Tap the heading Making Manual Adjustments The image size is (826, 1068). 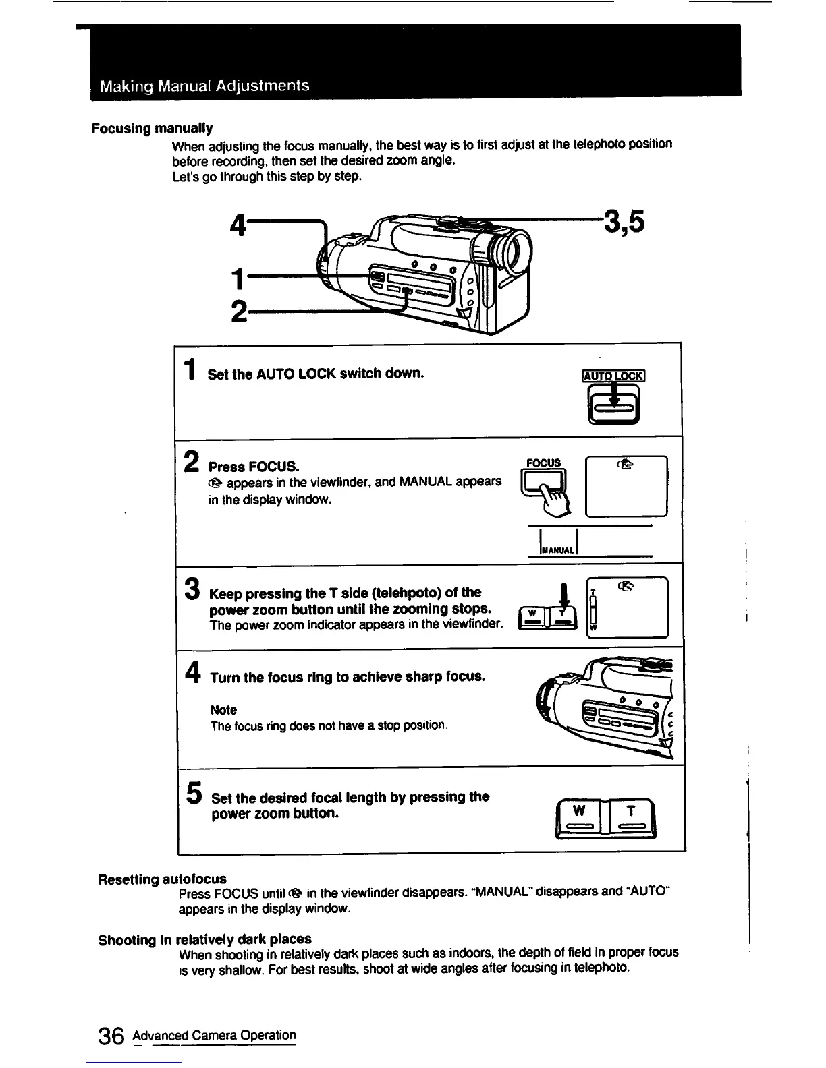coord(204,86)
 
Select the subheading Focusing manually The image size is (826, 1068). coord(153,128)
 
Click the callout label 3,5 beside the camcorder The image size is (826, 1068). coord(624,221)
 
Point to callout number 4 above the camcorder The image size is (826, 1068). coord(238,225)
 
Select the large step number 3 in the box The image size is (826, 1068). coord(192,588)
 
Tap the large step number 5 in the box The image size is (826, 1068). coord(194,793)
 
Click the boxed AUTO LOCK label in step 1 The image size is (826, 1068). coord(613,376)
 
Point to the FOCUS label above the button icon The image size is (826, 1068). coord(544,463)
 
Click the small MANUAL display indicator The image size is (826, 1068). coord(558,550)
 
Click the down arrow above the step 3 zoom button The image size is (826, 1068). coord(564,597)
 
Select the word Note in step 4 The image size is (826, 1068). coord(223,710)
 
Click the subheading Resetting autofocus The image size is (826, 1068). coord(163,879)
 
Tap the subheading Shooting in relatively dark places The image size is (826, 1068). coord(205,939)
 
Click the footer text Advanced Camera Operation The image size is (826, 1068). coord(215,1035)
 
